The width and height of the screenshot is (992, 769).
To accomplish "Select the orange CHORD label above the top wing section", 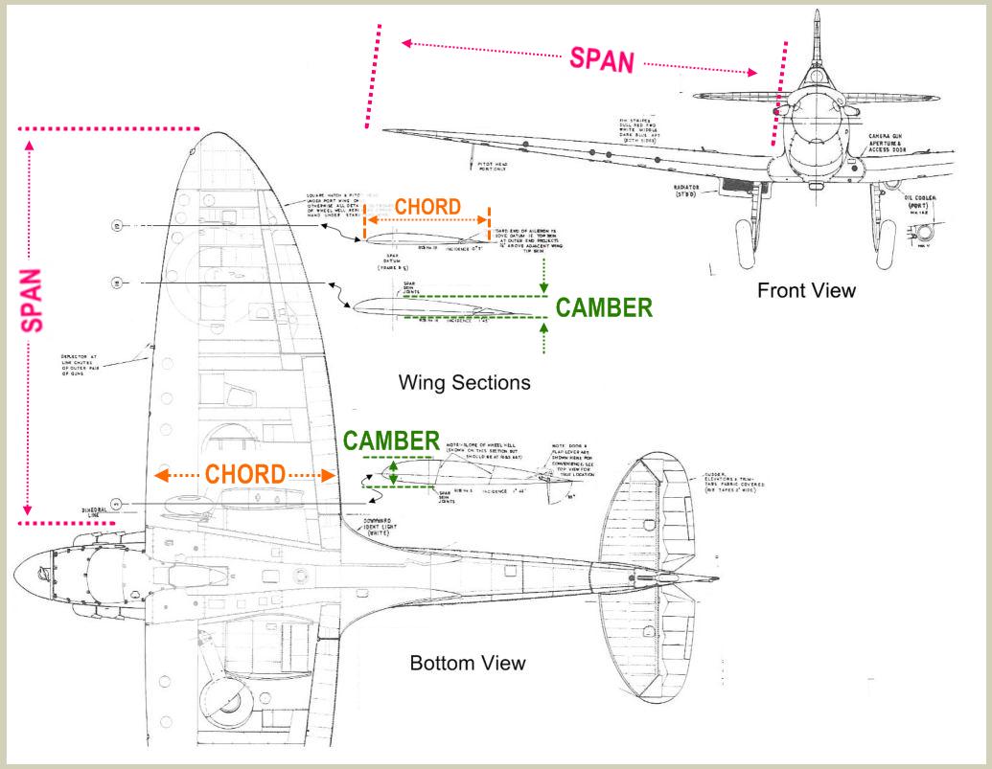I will (x=427, y=206).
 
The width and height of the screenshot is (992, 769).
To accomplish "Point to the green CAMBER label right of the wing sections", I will (x=605, y=307).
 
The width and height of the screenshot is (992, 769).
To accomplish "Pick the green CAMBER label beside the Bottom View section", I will (x=391, y=441).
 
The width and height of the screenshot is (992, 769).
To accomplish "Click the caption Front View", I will (x=807, y=291).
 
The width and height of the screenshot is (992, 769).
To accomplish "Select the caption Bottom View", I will (x=467, y=663).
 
